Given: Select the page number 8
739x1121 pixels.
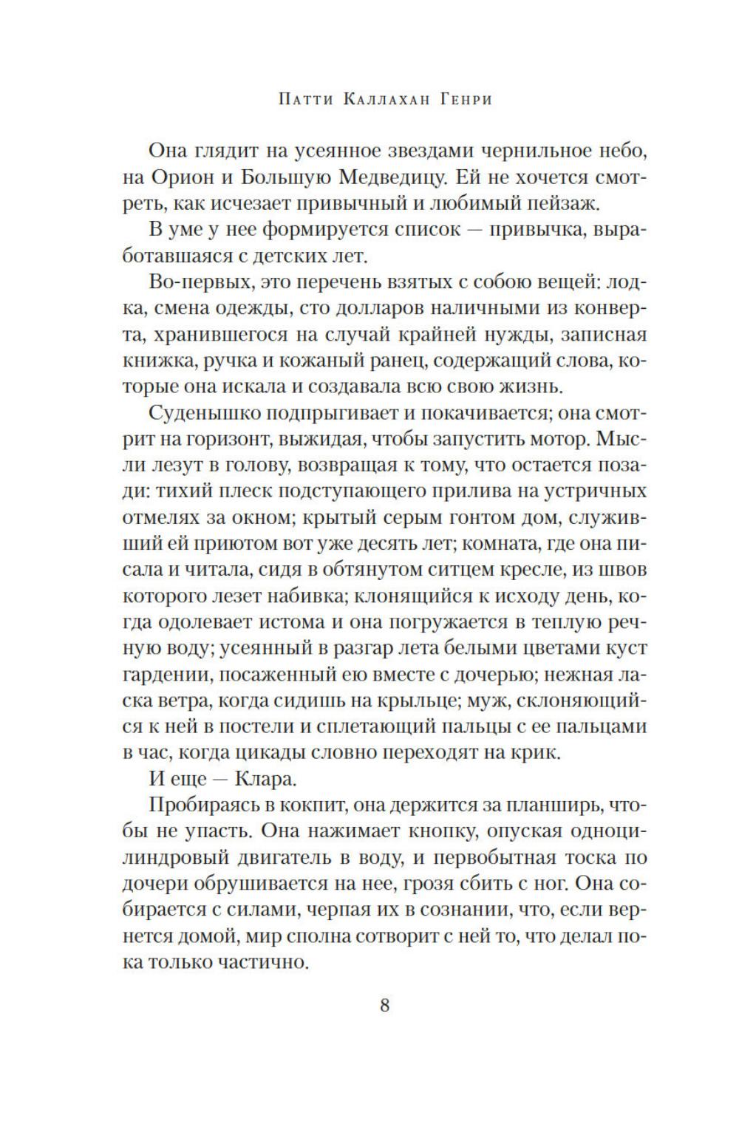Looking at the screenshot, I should click(x=384, y=1005).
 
